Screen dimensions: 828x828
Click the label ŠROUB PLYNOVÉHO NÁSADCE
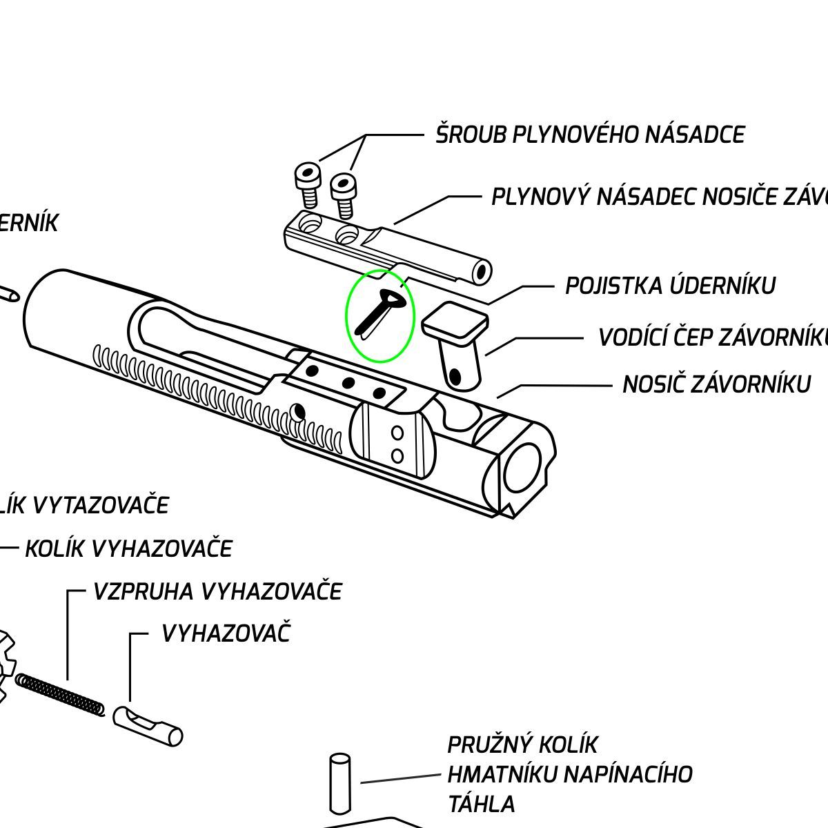[x=589, y=135]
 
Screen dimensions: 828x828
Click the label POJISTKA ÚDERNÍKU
[x=670, y=286]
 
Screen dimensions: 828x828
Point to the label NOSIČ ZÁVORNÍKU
[x=716, y=384]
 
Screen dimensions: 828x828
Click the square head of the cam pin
[x=455, y=322]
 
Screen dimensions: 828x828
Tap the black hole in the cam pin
[x=455, y=376]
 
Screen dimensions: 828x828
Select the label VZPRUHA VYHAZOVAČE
[x=217, y=591]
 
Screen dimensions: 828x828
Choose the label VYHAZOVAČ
[x=226, y=633]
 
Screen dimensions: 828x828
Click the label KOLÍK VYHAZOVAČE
[x=129, y=549]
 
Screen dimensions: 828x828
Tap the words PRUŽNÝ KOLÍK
[x=522, y=745]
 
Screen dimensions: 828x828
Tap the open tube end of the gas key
[x=482, y=271]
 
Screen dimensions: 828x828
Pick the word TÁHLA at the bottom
[x=481, y=804]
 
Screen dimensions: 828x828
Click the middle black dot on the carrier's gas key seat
[x=348, y=382]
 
